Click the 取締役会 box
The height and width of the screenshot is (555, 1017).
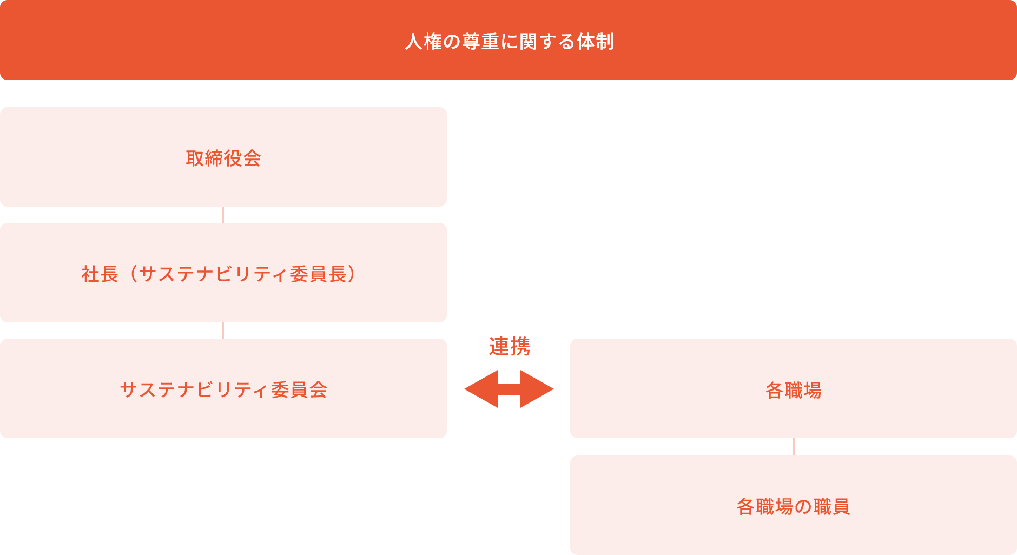[x=223, y=157]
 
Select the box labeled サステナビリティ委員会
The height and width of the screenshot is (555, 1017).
[x=223, y=388]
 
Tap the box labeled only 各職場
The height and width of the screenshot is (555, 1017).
[x=793, y=388]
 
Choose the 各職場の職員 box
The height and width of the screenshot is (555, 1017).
[x=793, y=505]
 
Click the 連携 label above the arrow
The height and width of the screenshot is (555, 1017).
[x=509, y=346]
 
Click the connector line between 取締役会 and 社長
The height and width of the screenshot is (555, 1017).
[x=223, y=215]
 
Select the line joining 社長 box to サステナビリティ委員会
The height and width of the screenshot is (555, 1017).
[x=223, y=331]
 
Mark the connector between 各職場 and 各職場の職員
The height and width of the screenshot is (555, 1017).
[x=794, y=447]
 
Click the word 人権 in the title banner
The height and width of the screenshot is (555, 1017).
[x=424, y=42]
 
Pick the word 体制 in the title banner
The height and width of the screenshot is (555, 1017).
[x=595, y=42]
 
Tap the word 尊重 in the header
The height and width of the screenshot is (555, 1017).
[x=480, y=42]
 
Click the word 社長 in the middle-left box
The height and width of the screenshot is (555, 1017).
[x=100, y=274]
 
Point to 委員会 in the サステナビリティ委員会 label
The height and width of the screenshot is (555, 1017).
[x=299, y=390]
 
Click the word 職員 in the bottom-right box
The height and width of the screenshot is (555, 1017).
[x=831, y=507]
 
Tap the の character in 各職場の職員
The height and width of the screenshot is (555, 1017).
[x=803, y=507]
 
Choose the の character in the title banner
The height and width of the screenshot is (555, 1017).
[x=452, y=42]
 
